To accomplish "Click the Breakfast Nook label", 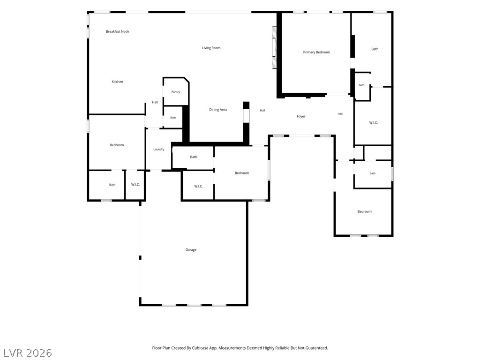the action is pos(118,31).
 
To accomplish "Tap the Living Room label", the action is pos(211,48).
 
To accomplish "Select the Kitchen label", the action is pos(117,82).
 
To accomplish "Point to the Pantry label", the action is pos(176,92).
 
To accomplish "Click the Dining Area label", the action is pos(218,110).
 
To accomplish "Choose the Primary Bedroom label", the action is pos(316,52).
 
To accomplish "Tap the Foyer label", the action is pos(301,116).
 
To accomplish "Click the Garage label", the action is pos(191,250).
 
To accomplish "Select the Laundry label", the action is pos(159,150).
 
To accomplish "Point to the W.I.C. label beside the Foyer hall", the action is pos(374,123).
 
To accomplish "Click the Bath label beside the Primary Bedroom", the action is pos(375,49).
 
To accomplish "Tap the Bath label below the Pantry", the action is pos(173,118).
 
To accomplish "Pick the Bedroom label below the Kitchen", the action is pos(117,145).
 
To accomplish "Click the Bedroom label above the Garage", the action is pos(242,173).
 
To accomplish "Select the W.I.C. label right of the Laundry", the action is pos(198,187).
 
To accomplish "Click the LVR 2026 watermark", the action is pos(28,353).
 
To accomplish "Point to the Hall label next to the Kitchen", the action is pos(155,102).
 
